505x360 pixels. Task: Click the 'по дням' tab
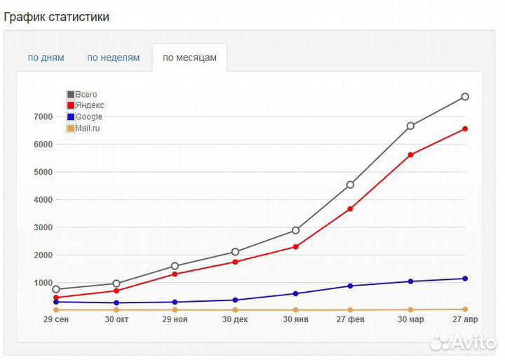[x=46, y=58]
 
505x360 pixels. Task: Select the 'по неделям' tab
[x=114, y=58]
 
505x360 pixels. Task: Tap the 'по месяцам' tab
[x=189, y=58]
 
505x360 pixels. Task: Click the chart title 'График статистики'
[x=57, y=17]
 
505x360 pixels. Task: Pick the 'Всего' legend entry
[x=86, y=94]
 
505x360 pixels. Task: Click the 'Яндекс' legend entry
[x=89, y=105]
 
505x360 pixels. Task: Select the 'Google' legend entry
[x=88, y=116]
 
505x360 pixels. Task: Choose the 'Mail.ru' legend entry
[x=87, y=128]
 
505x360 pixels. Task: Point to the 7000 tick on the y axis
[x=42, y=116]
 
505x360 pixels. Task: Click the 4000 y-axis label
[x=42, y=200]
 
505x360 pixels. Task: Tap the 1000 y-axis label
[x=42, y=283]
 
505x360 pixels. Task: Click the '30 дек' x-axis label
[x=235, y=319]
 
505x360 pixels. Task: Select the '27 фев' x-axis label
[x=350, y=319]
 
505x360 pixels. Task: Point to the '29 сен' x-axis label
[x=55, y=319]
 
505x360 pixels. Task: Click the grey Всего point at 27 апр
[x=464, y=97]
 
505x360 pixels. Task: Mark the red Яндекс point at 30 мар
[x=410, y=154]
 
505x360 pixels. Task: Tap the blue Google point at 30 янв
[x=295, y=293]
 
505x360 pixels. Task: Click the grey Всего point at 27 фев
[x=350, y=185]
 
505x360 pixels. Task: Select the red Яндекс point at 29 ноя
[x=175, y=274]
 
